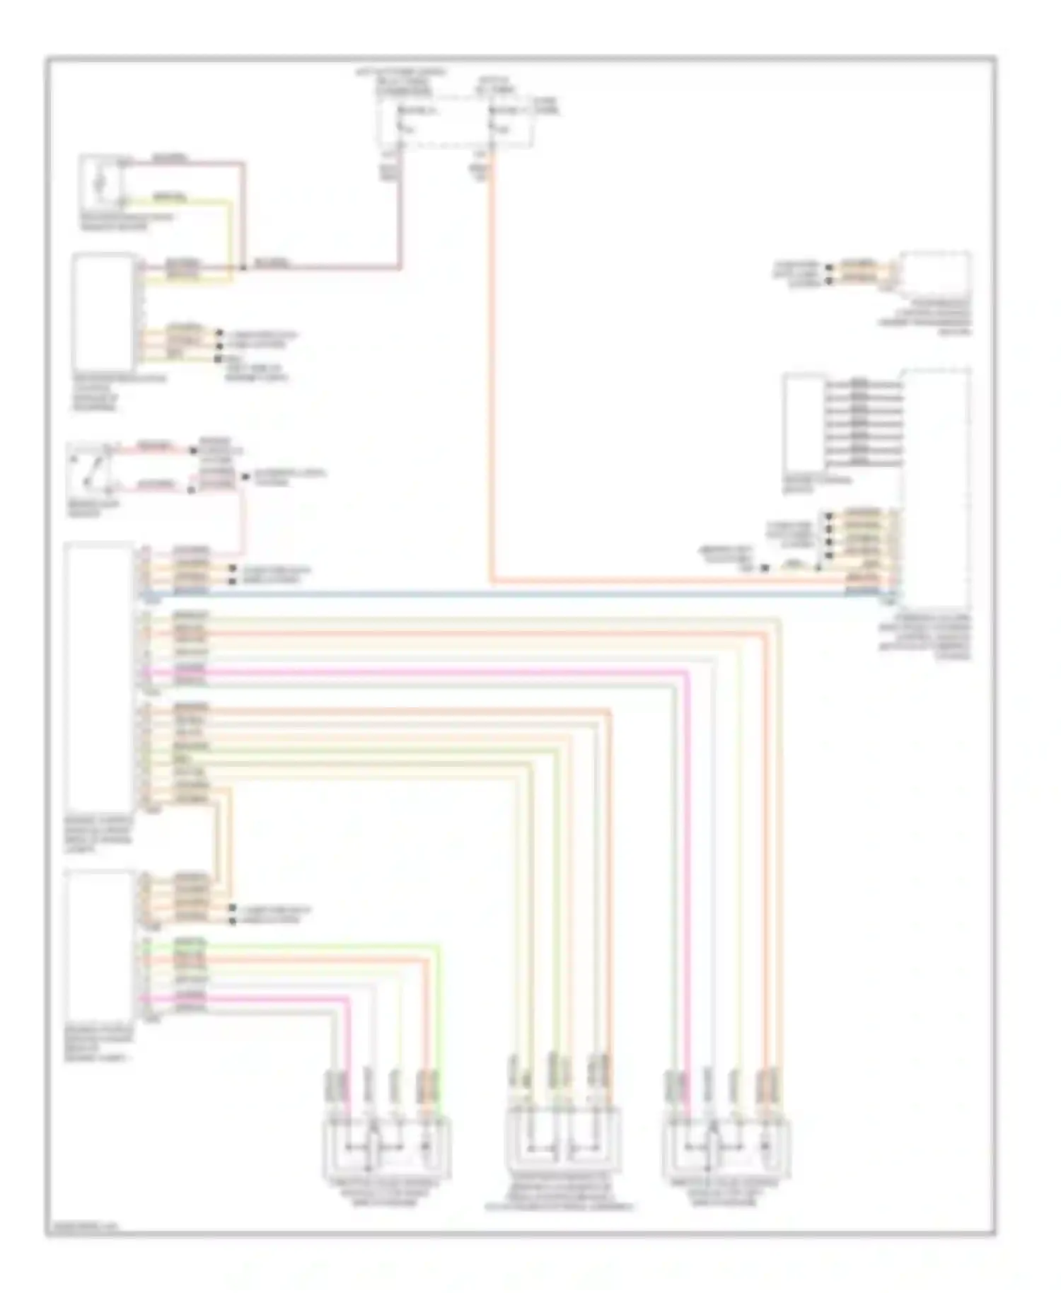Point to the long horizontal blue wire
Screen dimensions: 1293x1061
tap(495, 596)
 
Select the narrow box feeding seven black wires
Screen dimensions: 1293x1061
tap(804, 423)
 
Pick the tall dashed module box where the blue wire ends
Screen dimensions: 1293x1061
tap(935, 488)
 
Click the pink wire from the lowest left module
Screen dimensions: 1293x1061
tap(283, 998)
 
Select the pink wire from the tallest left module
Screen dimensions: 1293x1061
tap(424, 669)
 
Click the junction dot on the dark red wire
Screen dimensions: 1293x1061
tap(243, 268)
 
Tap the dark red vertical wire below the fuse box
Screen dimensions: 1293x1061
tap(400, 212)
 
